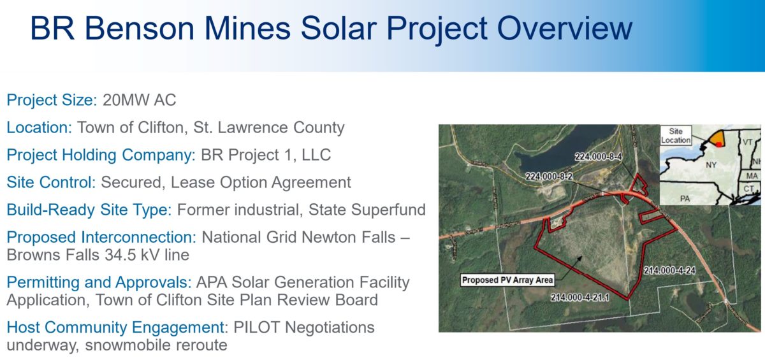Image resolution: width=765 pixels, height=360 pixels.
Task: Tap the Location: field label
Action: point(40,127)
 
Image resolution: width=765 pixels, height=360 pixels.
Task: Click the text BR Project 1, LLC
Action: point(265,155)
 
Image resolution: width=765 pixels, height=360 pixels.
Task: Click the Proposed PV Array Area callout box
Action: point(507,279)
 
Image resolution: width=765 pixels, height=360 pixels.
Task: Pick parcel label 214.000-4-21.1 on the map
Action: point(581,297)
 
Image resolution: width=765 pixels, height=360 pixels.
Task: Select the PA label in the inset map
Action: point(685,199)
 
